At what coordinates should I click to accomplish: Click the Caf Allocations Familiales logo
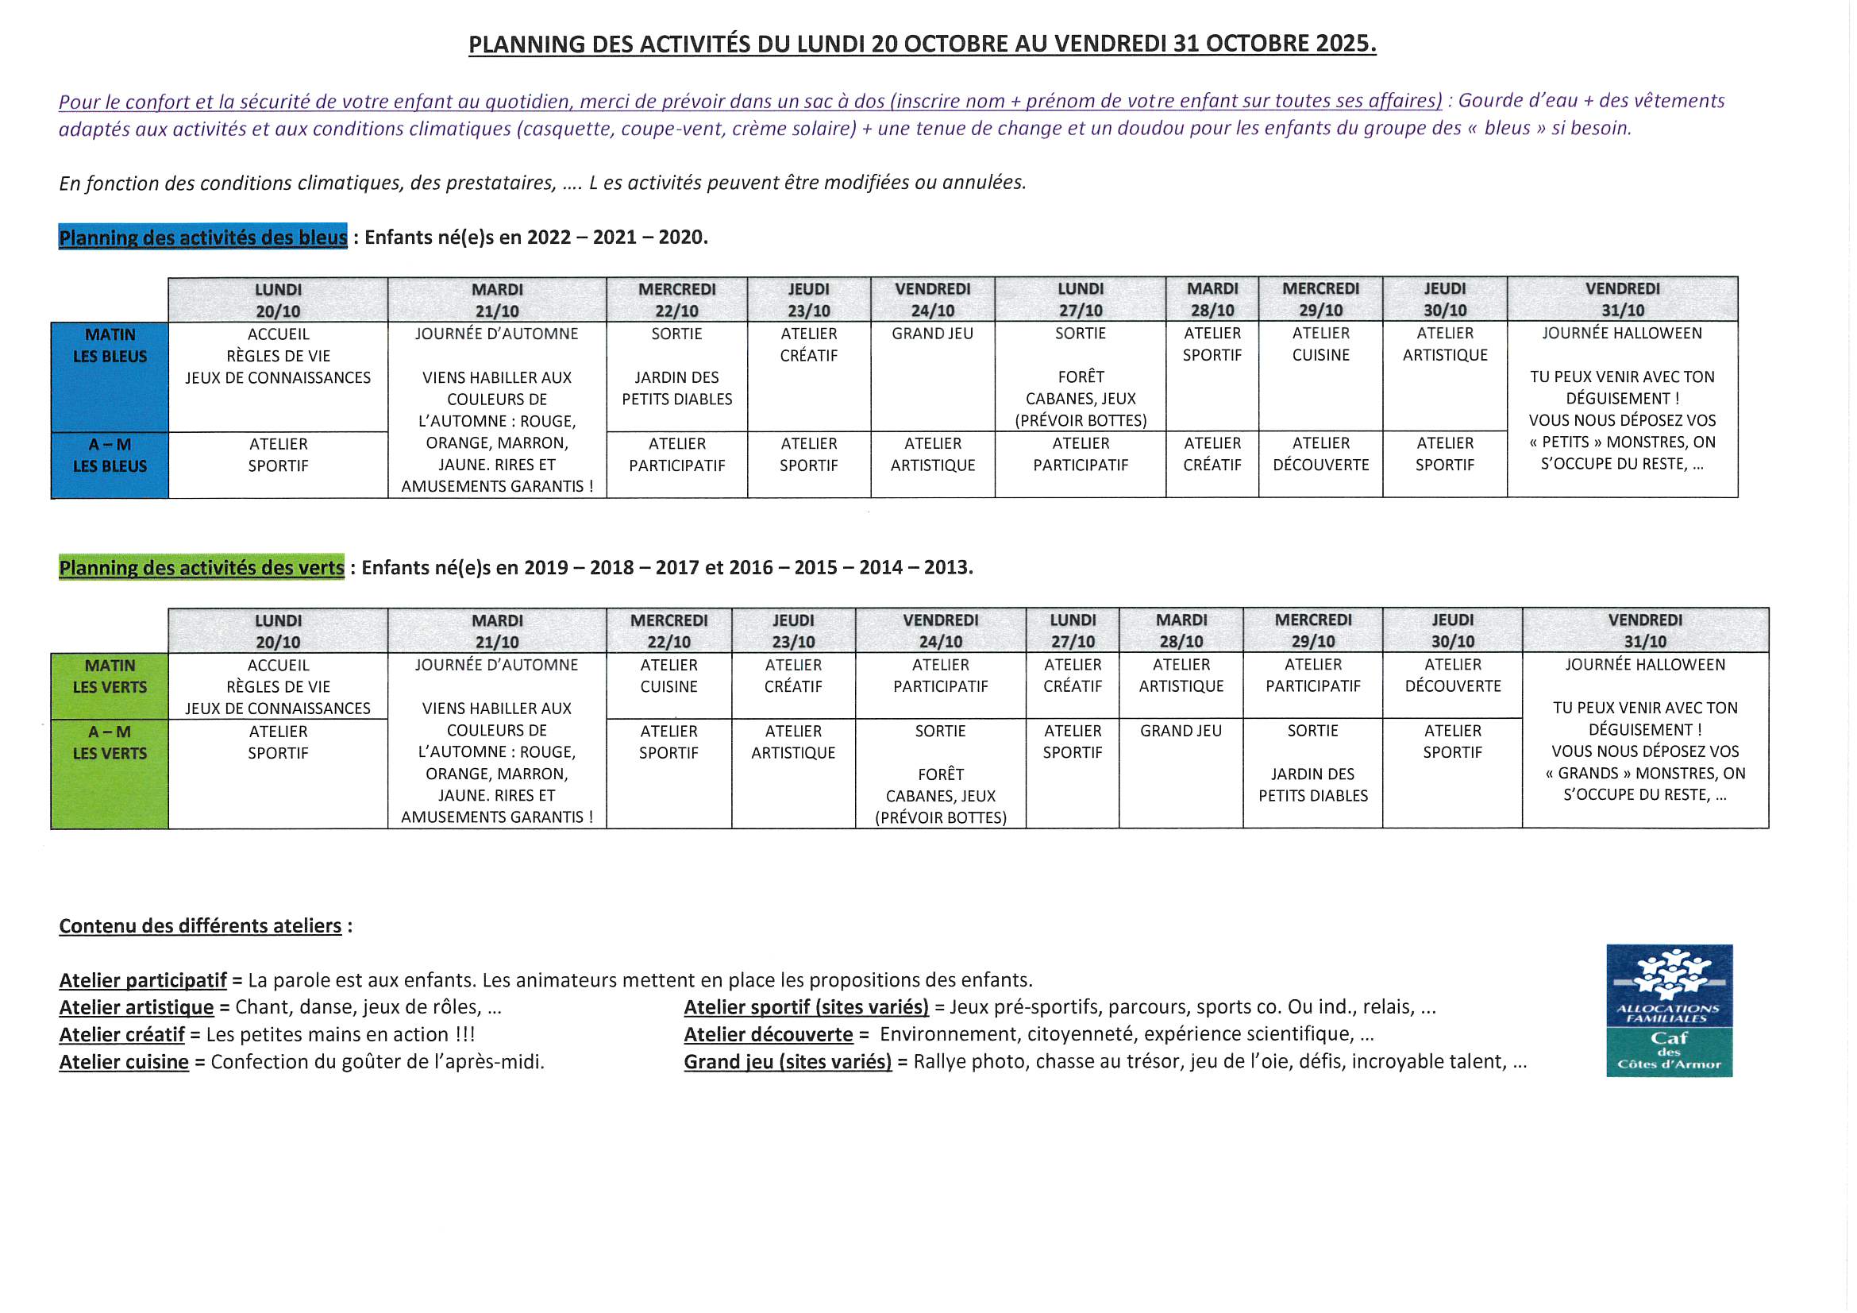tap(1669, 1010)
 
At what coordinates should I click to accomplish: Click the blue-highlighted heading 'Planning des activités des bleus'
tap(203, 237)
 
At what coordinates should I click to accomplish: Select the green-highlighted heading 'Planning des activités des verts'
tap(202, 568)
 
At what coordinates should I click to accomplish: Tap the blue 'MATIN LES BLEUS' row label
tap(110, 346)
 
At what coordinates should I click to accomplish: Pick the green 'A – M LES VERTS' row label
tap(110, 743)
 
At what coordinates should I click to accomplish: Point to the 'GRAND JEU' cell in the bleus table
tap(933, 334)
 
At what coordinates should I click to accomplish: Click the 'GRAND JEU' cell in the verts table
tap(1181, 732)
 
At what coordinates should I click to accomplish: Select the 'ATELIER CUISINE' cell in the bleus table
tap(1321, 345)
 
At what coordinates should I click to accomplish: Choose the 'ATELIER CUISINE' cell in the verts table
tap(668, 676)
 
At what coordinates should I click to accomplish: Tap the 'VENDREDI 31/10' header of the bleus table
tap(1623, 299)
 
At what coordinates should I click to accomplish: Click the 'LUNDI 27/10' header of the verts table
tap(1073, 631)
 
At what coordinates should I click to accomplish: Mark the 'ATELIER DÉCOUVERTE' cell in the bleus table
tap(1321, 454)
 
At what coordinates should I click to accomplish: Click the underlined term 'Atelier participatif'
tap(143, 980)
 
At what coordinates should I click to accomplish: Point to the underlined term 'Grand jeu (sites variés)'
tap(788, 1062)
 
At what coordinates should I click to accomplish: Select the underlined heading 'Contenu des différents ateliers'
tap(201, 926)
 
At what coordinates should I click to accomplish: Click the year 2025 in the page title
tap(1344, 44)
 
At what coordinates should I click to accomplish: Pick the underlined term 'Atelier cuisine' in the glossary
tap(124, 1062)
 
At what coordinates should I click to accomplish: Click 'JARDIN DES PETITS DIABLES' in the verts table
tap(1312, 786)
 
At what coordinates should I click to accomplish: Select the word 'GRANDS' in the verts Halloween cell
tap(1590, 774)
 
